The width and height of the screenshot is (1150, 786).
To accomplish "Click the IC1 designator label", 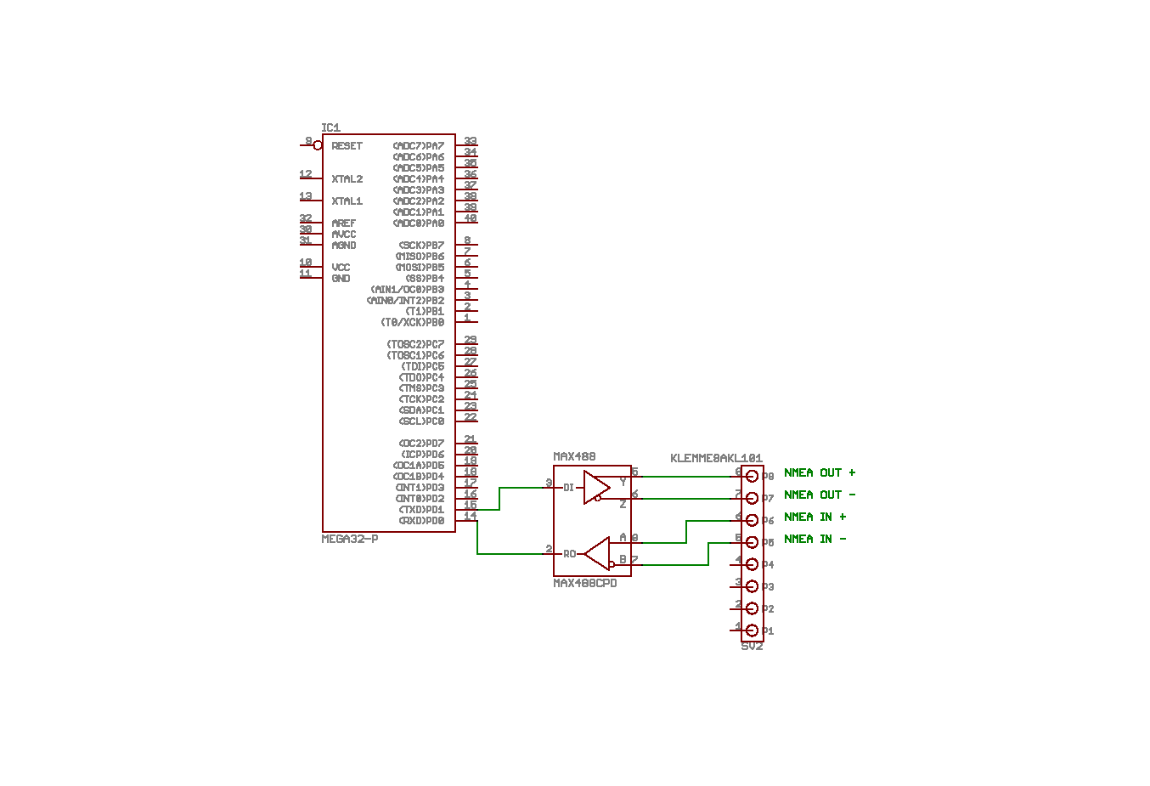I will click(330, 128).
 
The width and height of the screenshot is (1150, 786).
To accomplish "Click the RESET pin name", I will click(347, 146).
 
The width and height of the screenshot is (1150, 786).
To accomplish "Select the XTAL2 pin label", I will click(347, 179).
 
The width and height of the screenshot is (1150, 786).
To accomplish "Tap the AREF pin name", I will click(343, 223).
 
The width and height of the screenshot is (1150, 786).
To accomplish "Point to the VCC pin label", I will click(341, 268).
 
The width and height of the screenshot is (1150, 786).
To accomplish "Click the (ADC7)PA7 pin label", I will click(418, 146).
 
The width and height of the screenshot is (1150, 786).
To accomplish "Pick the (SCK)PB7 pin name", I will click(421, 246).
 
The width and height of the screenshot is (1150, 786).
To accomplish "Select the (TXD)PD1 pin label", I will click(421, 510).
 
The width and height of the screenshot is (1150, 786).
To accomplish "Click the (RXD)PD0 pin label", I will click(421, 521).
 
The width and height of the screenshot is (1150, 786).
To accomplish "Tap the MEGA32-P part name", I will click(350, 540).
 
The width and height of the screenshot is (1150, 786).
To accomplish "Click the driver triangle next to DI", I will click(596, 488).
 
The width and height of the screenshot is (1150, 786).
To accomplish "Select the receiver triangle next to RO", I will click(598, 553).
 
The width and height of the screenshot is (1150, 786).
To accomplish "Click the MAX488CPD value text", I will click(585, 584).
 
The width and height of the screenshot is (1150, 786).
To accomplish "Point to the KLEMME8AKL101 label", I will click(716, 459).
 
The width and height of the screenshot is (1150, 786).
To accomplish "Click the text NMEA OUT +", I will click(820, 473).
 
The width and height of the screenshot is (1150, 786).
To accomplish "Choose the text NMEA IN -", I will click(815, 540).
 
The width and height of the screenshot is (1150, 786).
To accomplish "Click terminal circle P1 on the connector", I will click(752, 630).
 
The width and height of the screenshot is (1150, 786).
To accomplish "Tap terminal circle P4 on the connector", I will click(752, 564).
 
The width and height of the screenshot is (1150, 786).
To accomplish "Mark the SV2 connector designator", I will click(752, 647).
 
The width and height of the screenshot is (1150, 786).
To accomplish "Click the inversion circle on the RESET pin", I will click(318, 146).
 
